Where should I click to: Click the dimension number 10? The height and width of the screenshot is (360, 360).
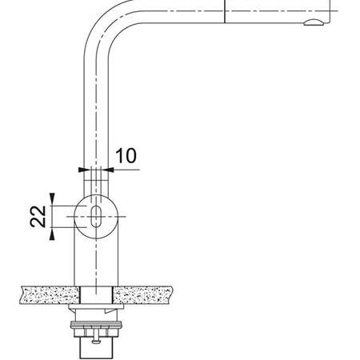(126, 156)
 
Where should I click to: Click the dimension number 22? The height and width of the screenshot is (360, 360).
(38, 216)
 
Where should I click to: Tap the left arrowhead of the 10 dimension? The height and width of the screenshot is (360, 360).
(82, 170)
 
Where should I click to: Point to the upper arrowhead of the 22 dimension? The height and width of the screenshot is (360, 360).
(52, 197)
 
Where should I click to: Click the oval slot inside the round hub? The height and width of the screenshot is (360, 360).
(96, 216)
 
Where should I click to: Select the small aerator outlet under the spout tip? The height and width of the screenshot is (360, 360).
(314, 22)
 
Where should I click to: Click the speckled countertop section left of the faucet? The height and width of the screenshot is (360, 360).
(50, 295)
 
